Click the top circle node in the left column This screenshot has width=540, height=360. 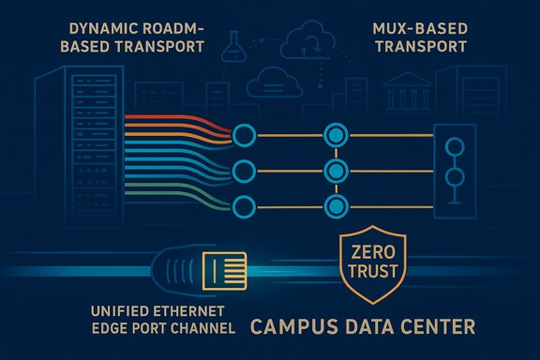pos(244,136)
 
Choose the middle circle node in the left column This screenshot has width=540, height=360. pos(244,171)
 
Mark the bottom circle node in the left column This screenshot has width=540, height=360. pos(244,205)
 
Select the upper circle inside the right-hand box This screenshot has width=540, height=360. pos(457,147)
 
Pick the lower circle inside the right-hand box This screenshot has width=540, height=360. pos(457,178)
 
